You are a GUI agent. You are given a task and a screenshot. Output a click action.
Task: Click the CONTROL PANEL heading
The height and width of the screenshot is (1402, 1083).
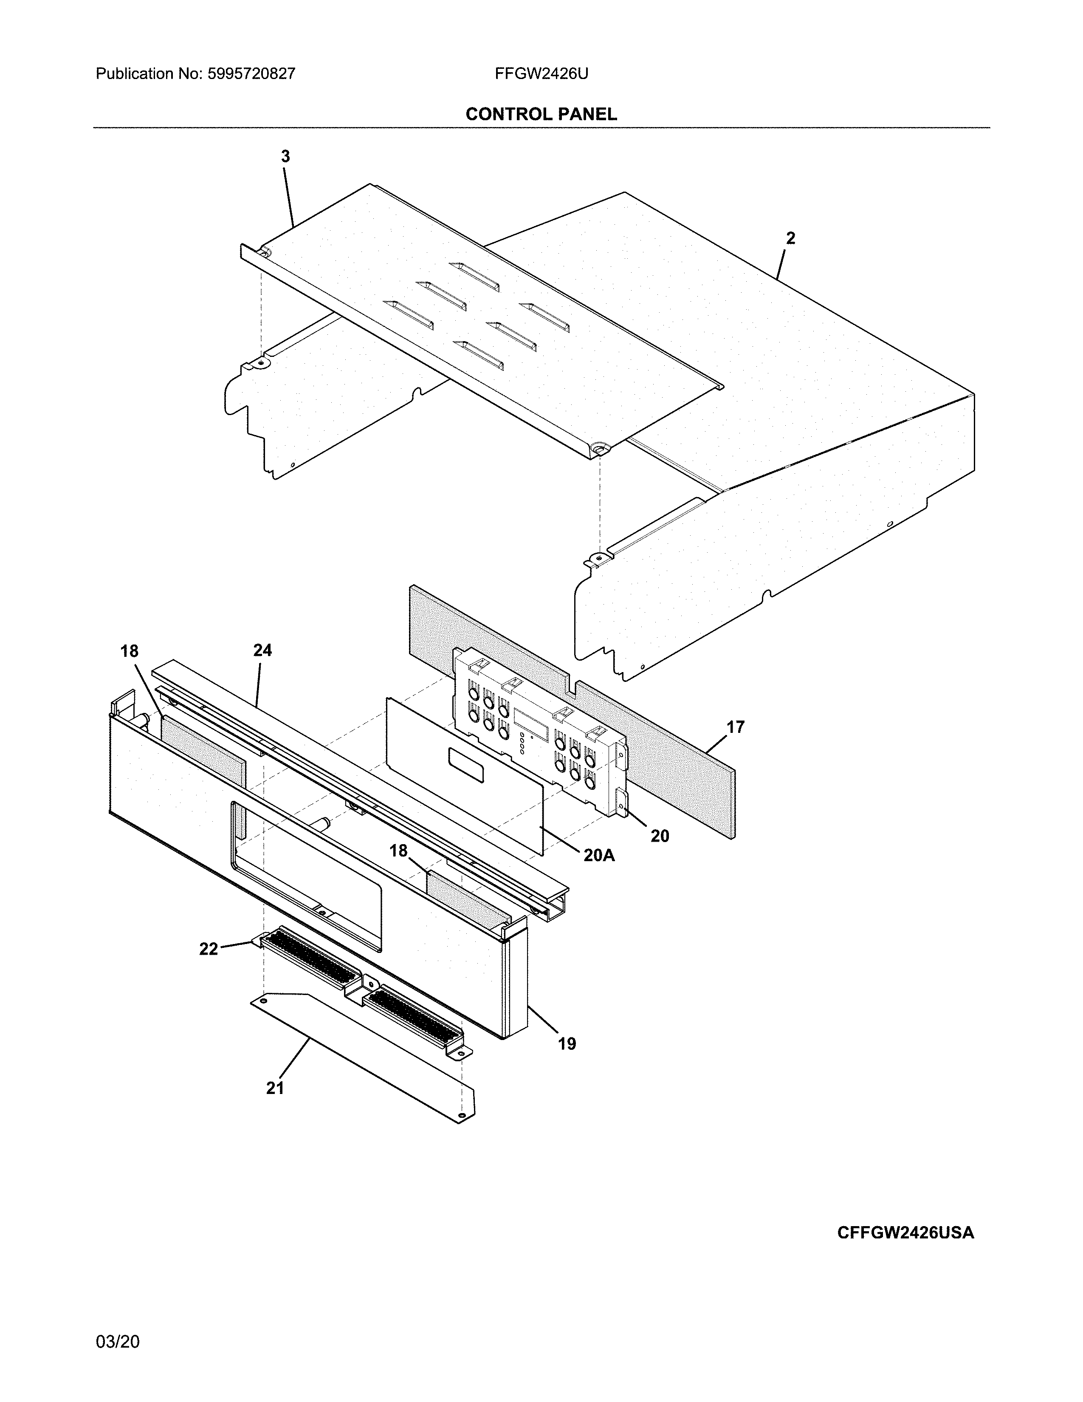pos(541,114)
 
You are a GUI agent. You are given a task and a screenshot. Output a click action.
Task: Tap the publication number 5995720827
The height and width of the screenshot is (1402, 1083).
pos(251,74)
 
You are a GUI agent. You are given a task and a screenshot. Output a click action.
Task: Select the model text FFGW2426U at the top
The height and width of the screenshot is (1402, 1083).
pos(541,74)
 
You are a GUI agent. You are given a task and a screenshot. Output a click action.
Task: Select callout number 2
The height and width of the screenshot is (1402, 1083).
pos(790,239)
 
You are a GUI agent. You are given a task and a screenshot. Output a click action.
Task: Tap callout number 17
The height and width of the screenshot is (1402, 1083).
pos(735,727)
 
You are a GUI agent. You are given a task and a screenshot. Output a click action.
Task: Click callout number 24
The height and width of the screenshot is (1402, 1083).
pos(262,650)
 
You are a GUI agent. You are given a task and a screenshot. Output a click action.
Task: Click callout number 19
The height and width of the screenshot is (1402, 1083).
pos(567,1044)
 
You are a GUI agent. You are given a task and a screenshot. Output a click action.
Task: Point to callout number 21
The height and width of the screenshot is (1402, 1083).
pos(275,1088)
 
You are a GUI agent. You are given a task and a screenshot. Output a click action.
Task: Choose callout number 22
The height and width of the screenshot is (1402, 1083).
pos(209,949)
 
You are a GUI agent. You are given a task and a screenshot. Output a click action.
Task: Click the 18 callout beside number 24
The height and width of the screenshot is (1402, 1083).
pos(129,651)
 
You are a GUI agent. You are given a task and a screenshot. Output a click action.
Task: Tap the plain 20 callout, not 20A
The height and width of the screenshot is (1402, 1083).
pos(660,836)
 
